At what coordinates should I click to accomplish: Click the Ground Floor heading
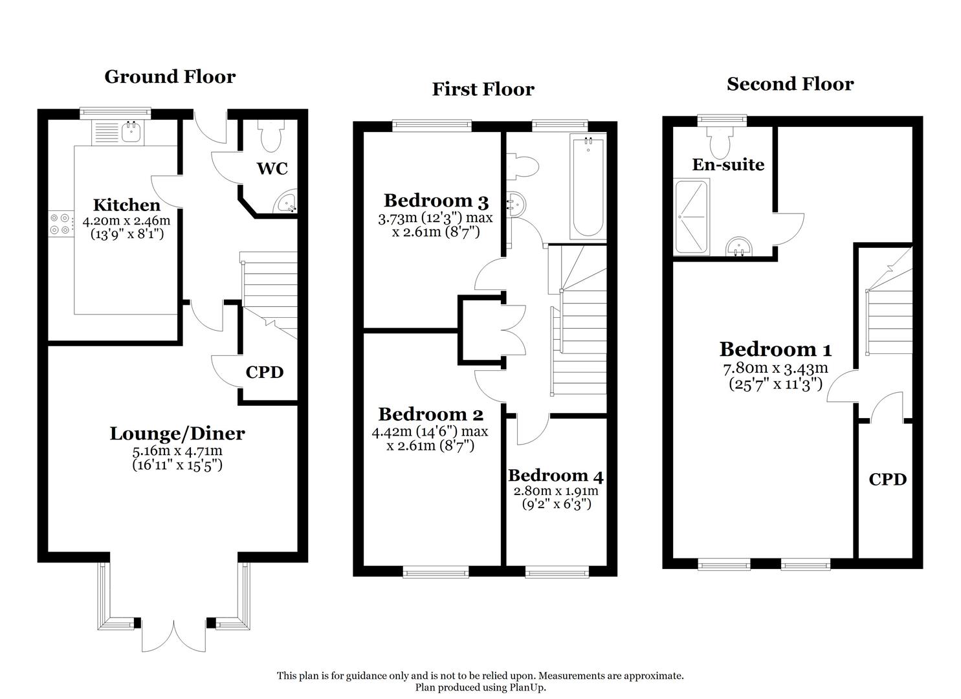170,76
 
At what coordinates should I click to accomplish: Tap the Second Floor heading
790,83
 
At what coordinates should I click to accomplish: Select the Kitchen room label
127,205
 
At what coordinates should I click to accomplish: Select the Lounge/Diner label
177,433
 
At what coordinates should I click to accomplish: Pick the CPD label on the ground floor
265,372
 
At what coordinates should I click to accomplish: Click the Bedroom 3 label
436,200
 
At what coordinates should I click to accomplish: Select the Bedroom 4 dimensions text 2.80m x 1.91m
556,491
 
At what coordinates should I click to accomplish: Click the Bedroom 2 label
430,414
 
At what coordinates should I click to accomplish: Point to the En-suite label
728,164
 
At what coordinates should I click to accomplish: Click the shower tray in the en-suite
692,216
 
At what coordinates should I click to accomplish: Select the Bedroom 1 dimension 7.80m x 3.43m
775,369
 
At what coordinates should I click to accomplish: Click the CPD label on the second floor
887,479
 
